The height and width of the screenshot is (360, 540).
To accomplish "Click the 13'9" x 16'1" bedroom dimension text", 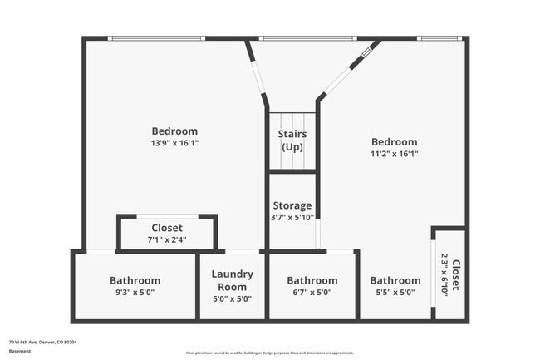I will pyautogui.click(x=174, y=143).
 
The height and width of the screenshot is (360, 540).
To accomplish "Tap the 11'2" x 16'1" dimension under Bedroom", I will pyautogui.click(x=394, y=154).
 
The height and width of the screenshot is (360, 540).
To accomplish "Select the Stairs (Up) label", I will pyautogui.click(x=292, y=140).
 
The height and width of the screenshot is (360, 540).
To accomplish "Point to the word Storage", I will pyautogui.click(x=292, y=205).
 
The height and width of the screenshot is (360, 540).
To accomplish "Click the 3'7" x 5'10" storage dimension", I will pyautogui.click(x=292, y=217).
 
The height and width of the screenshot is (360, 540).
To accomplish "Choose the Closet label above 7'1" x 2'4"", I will pyautogui.click(x=167, y=228).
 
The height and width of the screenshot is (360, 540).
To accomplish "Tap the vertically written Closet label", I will pyautogui.click(x=454, y=274).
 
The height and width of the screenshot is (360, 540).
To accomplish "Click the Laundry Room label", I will pyautogui.click(x=232, y=280).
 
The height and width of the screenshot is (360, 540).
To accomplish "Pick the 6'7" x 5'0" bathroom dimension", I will pyautogui.click(x=312, y=293).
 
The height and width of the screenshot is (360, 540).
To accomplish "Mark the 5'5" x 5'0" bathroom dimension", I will pyautogui.click(x=395, y=293).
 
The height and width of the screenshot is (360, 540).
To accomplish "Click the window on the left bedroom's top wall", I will pyautogui.click(x=157, y=38).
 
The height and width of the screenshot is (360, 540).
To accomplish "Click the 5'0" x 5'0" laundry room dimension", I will pyautogui.click(x=232, y=298).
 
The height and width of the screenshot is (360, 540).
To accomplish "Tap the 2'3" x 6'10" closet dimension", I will pyautogui.click(x=444, y=274).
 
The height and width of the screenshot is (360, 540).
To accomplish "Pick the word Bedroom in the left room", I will pyautogui.click(x=174, y=131).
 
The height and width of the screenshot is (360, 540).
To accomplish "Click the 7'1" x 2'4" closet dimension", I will pyautogui.click(x=167, y=239).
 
